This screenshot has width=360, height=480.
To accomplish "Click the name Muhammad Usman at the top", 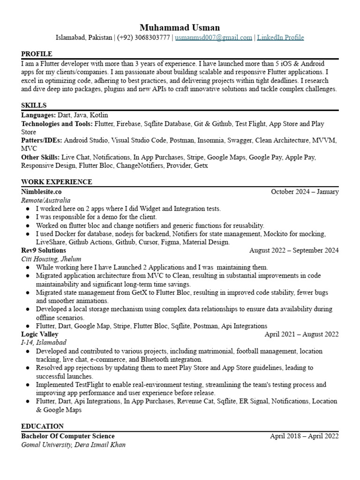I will point(180,27).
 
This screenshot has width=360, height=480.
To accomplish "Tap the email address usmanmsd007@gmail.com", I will point(214,37).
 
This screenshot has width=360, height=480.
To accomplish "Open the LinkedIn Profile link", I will point(280,37).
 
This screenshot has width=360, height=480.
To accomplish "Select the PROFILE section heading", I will point(37,54).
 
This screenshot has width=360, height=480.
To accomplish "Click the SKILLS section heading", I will point(34,105).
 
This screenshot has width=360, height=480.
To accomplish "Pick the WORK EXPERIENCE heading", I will point(57,182).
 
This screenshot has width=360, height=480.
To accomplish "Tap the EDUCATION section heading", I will point(43,426).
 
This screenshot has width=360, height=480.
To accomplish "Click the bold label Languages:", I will point(38,115).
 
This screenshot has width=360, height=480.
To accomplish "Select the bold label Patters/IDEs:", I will point(42,140).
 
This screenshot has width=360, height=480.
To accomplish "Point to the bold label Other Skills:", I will point(40,157).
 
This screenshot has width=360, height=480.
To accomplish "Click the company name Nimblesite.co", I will point(41,192).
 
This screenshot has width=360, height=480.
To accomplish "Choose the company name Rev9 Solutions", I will point(43,250).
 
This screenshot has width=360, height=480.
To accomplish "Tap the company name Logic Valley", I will point(40,334).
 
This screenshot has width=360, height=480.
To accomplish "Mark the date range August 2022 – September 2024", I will point(294,250).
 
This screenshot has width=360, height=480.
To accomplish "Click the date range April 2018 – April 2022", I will point(304,436).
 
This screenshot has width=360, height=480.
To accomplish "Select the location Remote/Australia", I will point(46,200).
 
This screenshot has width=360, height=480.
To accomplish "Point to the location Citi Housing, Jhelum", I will point(51,259).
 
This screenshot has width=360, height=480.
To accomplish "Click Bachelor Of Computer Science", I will point(68,436).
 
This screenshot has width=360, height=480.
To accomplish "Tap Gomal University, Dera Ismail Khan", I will point(74,444).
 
